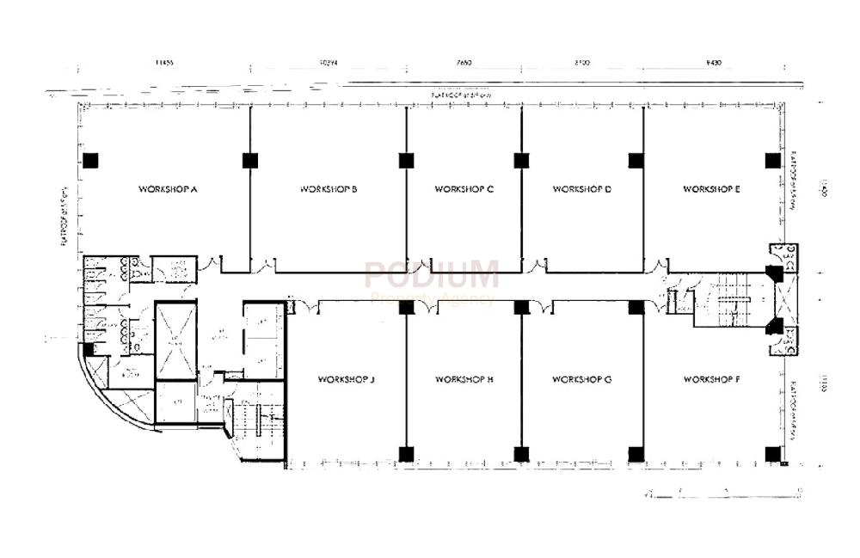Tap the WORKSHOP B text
point(329,188)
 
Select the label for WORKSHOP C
point(464,188)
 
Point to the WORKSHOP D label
point(581,188)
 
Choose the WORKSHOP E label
point(711,188)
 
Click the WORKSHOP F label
point(711,378)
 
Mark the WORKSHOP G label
point(581,378)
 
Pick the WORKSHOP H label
point(464,378)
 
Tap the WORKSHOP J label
point(346,378)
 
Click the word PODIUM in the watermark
point(431,276)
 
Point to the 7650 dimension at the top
point(464,63)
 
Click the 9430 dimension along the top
point(712,63)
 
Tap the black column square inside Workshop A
point(90,160)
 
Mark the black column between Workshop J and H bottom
point(406,453)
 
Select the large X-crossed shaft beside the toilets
point(176,340)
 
